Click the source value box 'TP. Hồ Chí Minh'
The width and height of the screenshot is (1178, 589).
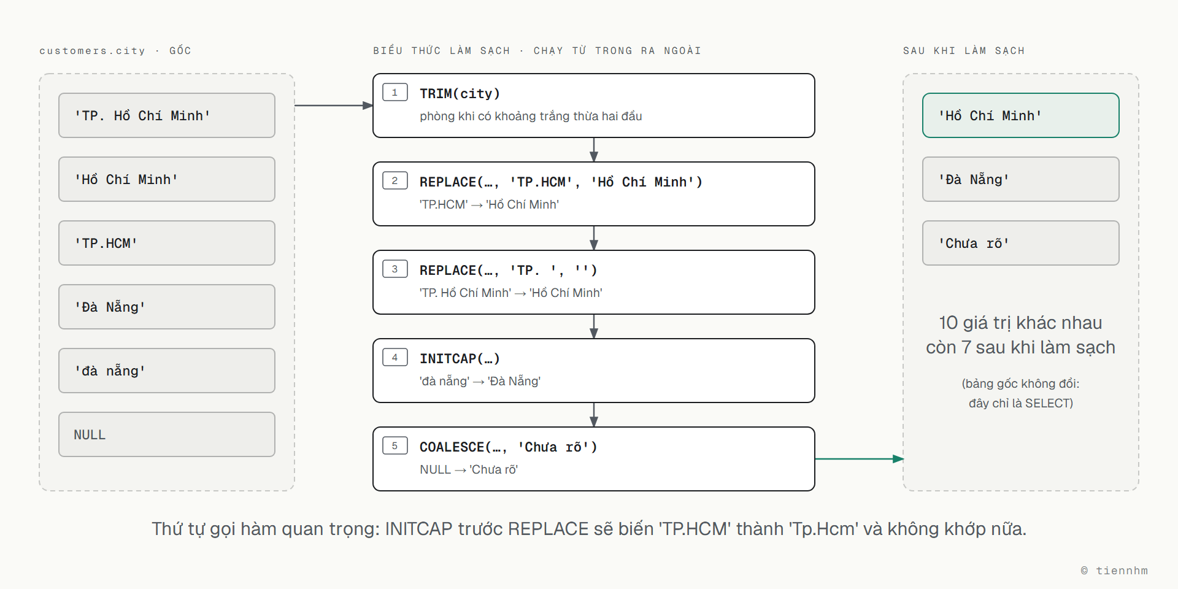coord(167,115)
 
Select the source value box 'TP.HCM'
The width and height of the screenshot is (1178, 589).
coord(167,243)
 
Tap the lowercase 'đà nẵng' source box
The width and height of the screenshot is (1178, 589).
coord(167,371)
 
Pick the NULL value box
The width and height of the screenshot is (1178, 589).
coord(167,434)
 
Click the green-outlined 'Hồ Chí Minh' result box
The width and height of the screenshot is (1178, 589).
coord(1021,115)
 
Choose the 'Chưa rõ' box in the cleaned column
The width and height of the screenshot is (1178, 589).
coord(1021,243)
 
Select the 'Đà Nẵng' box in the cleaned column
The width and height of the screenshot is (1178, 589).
coord(1021,179)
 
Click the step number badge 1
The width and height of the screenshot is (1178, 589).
coord(395,92)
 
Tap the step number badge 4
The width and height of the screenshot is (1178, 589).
coord(395,357)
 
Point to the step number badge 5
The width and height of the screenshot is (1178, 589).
coord(395,445)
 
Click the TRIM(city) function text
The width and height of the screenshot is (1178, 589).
coord(460,94)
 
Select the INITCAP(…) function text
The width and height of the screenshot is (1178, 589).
coord(460,359)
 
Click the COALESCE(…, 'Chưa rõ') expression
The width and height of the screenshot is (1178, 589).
coord(509,447)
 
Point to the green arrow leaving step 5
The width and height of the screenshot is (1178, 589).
coord(859,459)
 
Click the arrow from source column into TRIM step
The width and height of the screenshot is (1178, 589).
coord(334,106)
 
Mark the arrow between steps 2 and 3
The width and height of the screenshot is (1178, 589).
coord(594,238)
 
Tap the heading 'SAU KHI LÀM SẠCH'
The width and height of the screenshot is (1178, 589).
coord(964,50)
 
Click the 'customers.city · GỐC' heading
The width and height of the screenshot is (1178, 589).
coord(115,50)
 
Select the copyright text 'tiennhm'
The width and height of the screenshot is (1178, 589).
coord(1122,571)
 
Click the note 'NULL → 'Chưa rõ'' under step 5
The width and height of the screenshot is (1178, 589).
coord(469,469)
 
